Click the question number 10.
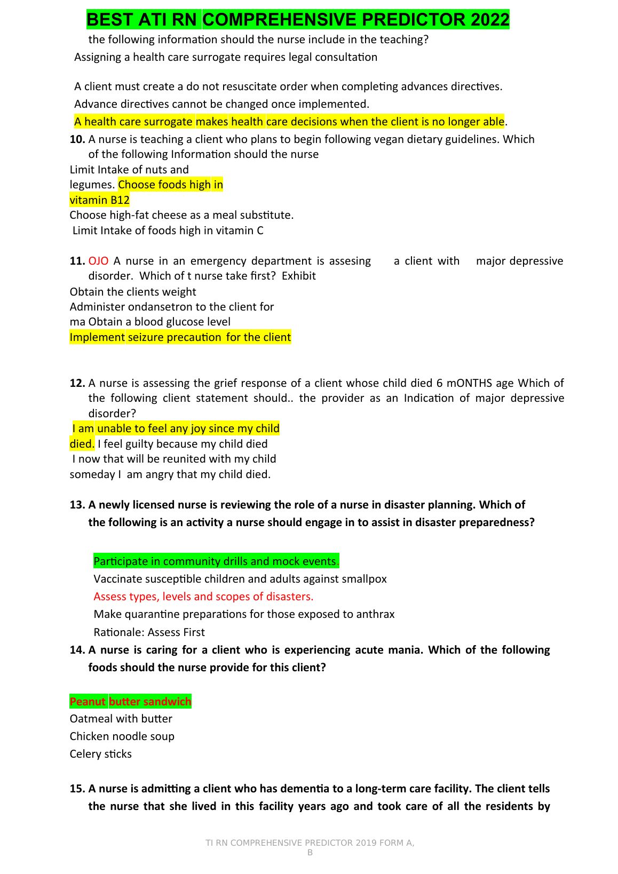pos(77,139)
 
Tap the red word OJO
pos(98,261)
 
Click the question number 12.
pos(77,383)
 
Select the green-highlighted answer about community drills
pos(216,561)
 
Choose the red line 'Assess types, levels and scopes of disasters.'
pos(203,597)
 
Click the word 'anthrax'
pos(376,614)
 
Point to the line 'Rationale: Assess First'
pos(149,632)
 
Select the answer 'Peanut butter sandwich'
pos(130,702)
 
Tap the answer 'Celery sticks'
pos(100,754)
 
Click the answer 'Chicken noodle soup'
pos(122,736)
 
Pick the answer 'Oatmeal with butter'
pos(121,719)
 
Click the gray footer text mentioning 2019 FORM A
pos(310,843)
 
